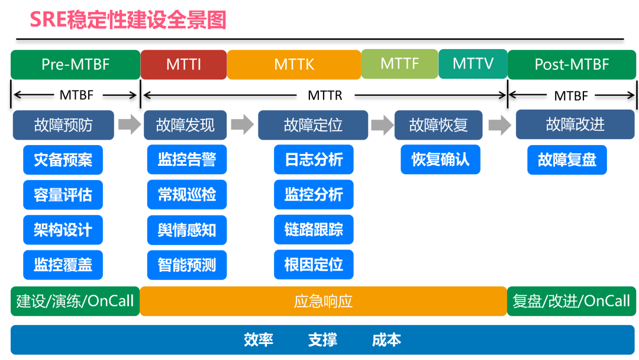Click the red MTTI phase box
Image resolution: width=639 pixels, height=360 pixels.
point(183,65)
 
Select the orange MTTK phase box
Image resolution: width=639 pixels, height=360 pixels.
point(294,65)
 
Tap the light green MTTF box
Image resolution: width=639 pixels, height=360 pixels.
point(399,63)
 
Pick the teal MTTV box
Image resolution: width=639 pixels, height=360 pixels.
point(473,63)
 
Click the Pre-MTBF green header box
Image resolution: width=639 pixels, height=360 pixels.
point(75,65)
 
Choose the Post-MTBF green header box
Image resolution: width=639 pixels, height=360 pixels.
point(572,65)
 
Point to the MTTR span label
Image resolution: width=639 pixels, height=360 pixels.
point(325,95)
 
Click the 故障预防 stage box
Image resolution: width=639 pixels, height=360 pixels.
point(63,125)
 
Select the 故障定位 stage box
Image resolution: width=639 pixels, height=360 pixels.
point(313,125)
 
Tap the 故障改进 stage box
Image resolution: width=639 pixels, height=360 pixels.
point(575,124)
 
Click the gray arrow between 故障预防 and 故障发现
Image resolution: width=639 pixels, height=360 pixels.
point(128,125)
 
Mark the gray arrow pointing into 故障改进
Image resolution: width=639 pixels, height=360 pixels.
point(500,125)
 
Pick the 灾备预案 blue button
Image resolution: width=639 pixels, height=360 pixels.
point(63,160)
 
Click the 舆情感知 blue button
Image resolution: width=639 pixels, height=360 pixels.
point(187,230)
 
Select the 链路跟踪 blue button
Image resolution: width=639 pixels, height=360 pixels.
point(314,230)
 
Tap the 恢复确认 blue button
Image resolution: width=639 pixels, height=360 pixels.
point(440,160)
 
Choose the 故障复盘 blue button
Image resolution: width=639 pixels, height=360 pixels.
point(567,160)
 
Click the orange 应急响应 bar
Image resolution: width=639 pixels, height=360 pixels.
point(323,301)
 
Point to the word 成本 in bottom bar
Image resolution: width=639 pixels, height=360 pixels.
point(386,340)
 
